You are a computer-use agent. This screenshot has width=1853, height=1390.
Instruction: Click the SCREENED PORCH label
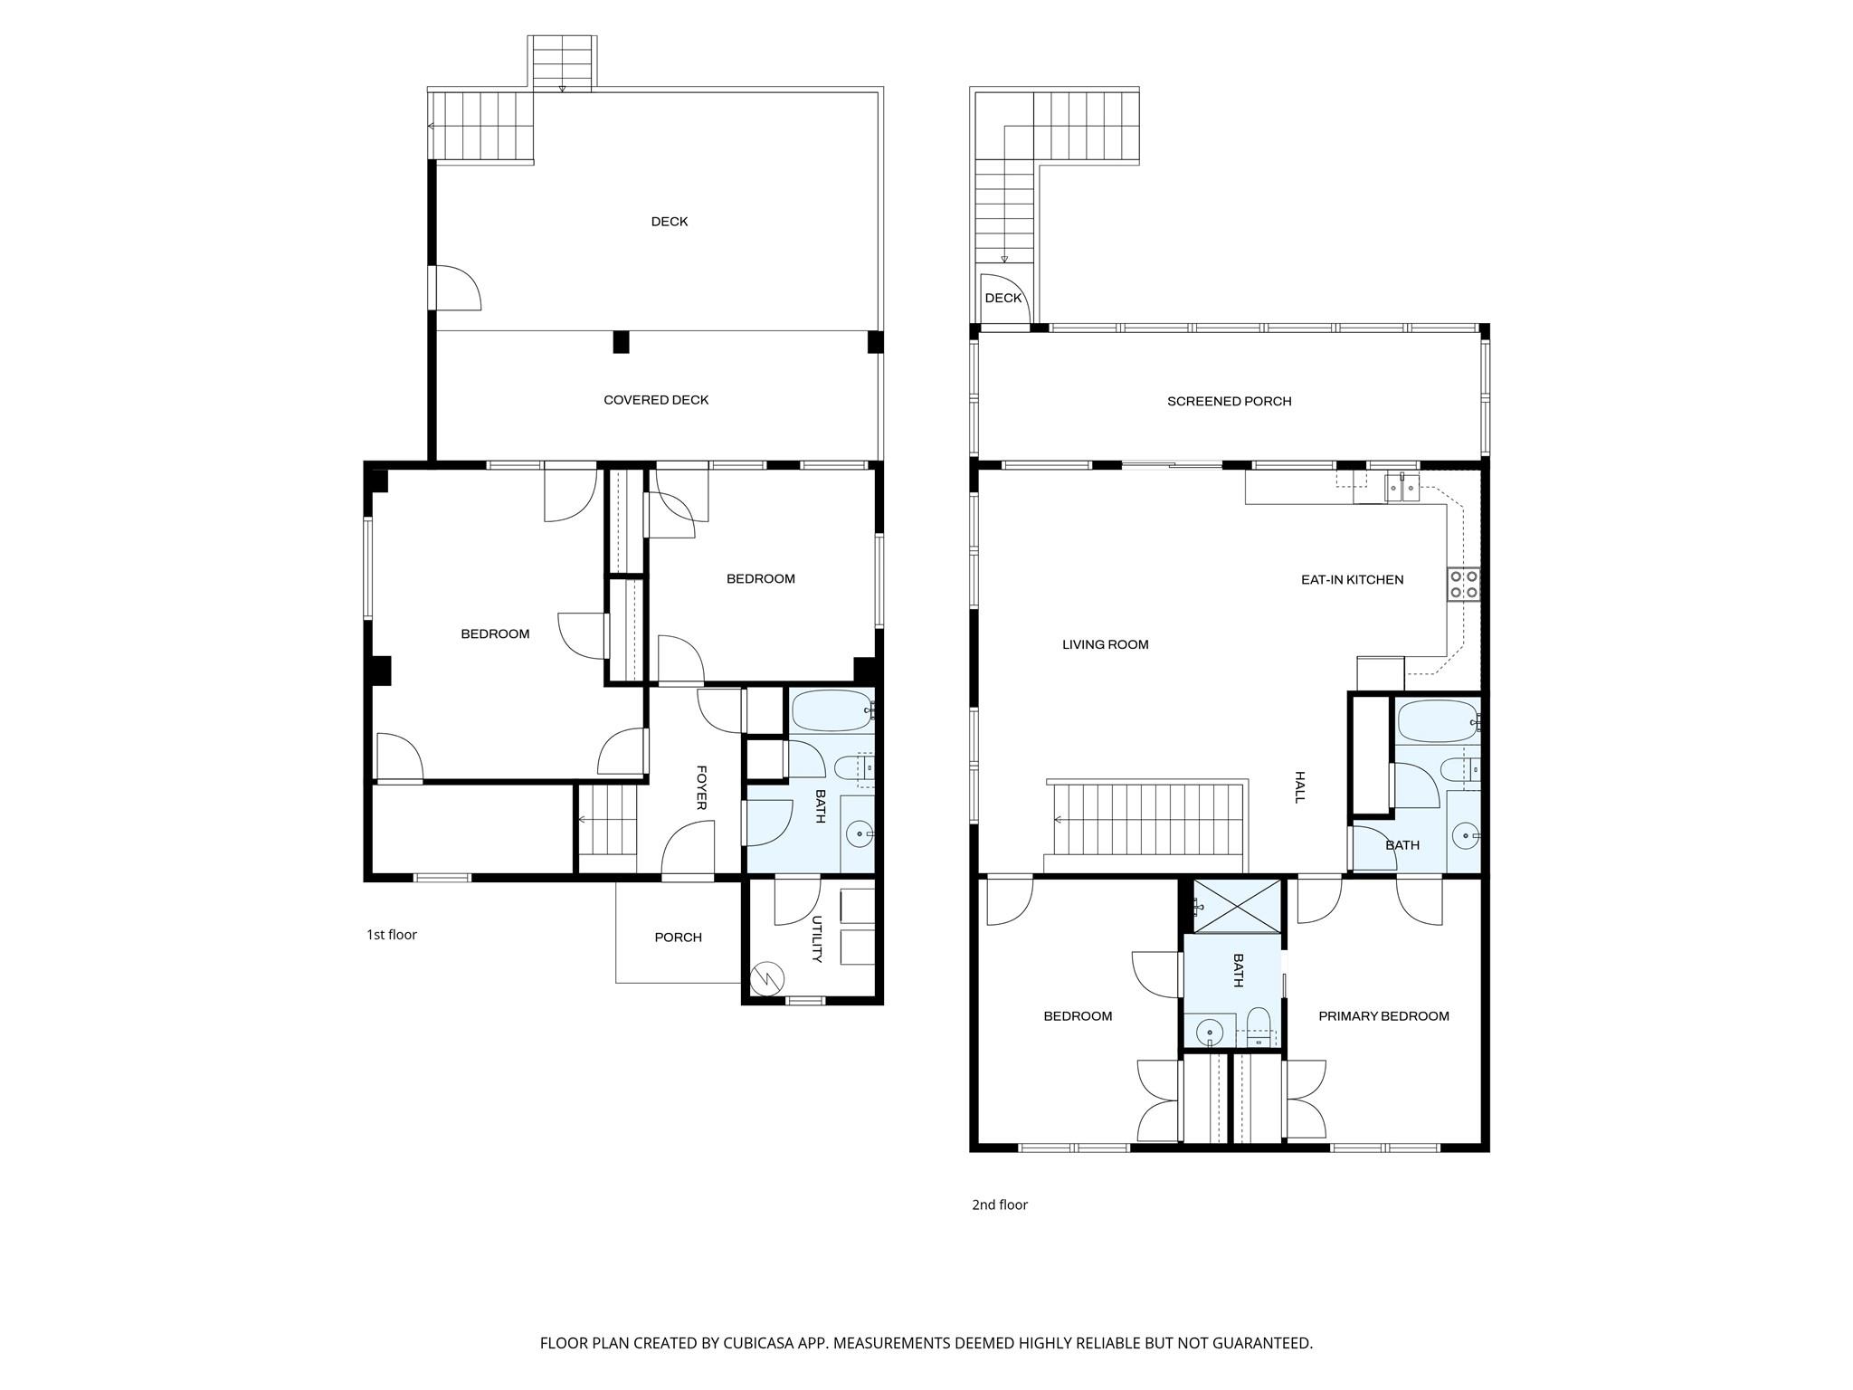[1229, 401]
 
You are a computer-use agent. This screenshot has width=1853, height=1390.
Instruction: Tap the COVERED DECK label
[656, 400]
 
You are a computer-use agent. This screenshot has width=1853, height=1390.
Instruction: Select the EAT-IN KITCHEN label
[1352, 580]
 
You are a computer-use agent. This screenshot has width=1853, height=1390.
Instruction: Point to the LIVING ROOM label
[1105, 645]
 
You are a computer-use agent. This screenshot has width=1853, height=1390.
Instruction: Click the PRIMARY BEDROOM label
[1383, 1016]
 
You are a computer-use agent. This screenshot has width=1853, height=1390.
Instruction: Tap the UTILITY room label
[816, 939]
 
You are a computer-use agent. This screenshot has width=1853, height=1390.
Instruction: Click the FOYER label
[701, 787]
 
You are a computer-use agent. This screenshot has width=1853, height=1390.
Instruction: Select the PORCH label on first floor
[678, 938]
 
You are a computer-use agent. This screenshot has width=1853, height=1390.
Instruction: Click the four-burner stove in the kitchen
[1463, 584]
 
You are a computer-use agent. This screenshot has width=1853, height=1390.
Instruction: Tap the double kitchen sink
[1402, 488]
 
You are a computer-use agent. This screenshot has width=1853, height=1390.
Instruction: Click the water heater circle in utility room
[766, 978]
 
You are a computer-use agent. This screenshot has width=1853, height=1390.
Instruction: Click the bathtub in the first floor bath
[831, 711]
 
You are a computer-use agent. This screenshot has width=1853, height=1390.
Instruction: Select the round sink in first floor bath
[858, 833]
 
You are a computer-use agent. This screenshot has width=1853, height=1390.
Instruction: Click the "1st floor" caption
[391, 935]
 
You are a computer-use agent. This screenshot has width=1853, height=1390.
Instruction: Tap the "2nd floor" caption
[1000, 1204]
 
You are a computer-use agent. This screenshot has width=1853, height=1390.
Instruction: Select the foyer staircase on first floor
[608, 820]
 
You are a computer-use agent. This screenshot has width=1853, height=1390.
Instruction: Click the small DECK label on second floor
[1003, 298]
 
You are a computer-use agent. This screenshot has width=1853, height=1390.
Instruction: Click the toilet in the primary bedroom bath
[1259, 1026]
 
